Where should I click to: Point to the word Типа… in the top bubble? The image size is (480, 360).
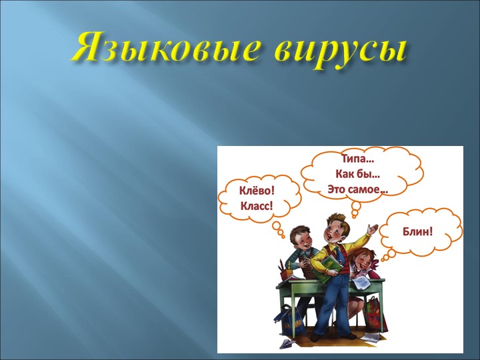click(357, 160)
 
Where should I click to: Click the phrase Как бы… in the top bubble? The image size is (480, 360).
click(357, 175)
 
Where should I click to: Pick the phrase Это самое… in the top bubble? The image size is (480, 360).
click(357, 190)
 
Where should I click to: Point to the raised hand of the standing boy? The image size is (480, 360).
click(371, 229)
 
